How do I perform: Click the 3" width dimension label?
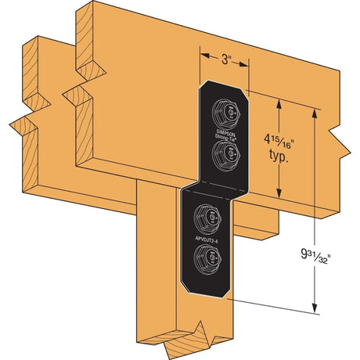click(225, 58)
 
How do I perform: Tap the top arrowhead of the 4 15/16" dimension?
click(280, 100)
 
